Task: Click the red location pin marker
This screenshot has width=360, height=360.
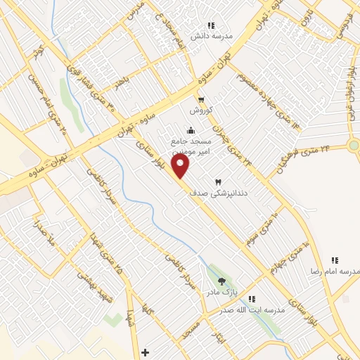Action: tap(181, 167)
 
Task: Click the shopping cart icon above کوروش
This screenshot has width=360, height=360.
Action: tap(201, 101)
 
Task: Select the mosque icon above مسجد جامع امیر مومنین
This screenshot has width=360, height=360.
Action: tap(191, 130)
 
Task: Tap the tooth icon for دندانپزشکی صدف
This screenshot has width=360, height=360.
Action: tap(217, 162)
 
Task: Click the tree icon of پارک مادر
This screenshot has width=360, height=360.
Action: tap(223, 281)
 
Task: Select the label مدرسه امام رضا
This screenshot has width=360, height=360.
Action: tap(335, 271)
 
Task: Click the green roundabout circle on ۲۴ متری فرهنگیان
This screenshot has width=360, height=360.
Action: tap(354, 146)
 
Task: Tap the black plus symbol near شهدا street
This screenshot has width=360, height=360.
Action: tap(145, 352)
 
